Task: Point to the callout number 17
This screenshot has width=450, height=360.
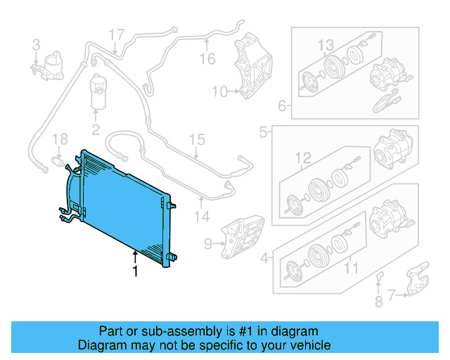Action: tap(116, 34)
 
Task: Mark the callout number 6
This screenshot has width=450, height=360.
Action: tap(281, 107)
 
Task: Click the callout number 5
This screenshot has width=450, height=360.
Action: tap(263, 131)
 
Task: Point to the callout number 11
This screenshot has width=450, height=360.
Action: tap(350, 267)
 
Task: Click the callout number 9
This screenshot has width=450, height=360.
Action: tap(208, 244)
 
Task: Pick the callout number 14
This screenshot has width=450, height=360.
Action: tap(202, 217)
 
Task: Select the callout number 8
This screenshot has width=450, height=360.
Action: tap(378, 303)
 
